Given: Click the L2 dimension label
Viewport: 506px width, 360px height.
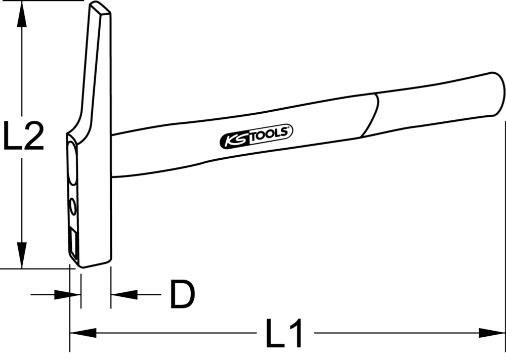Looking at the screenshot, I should pos(23,136).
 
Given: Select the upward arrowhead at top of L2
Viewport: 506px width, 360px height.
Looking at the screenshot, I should pos(21,15).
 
